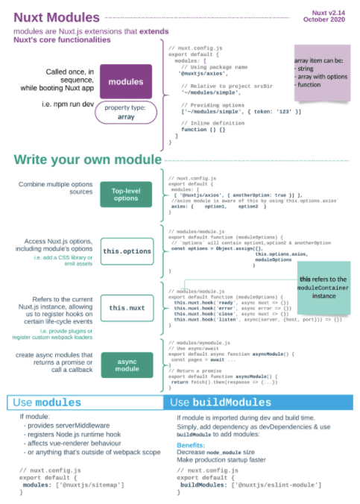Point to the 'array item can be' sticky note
click(x=321, y=72)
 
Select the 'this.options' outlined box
click(x=127, y=252)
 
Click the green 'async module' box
click(x=126, y=363)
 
